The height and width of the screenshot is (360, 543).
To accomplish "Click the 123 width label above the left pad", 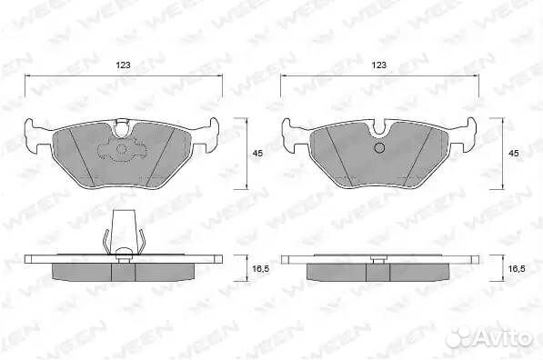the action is (123, 65).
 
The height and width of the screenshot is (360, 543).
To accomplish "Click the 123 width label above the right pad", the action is (379, 65).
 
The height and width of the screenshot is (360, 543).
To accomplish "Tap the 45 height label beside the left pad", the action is (257, 154).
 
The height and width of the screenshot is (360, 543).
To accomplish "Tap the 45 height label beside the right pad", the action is (514, 154).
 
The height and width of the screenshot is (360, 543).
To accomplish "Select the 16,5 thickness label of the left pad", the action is (261, 268).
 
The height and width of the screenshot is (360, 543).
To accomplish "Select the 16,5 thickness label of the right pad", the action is (517, 268).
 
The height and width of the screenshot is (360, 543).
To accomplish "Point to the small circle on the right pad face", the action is (380, 147).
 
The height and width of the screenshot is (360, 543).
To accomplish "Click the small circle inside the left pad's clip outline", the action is (122, 149).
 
